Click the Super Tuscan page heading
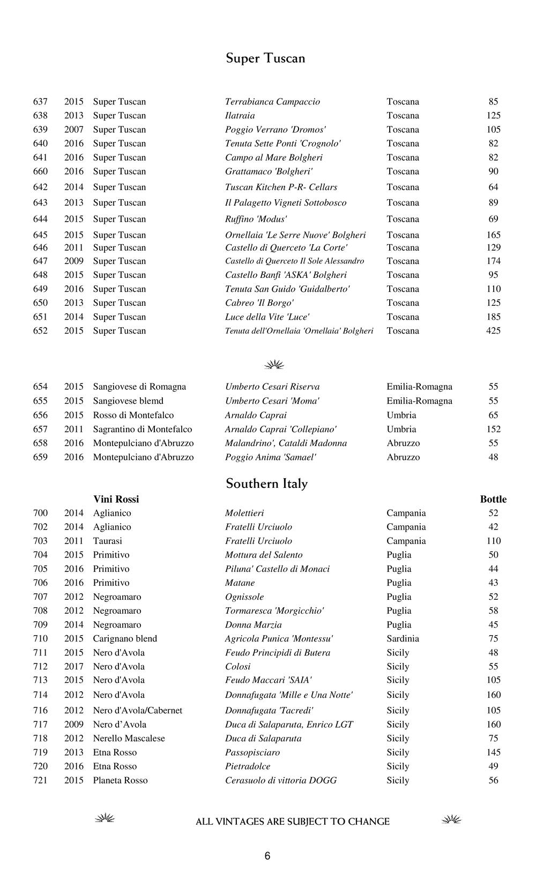tap(265, 58)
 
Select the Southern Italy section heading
tap(266, 484)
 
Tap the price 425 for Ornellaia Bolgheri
tap(493, 331)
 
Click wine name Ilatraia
tap(240, 116)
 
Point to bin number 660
tap(40, 171)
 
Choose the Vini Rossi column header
tap(116, 499)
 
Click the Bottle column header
tap(493, 499)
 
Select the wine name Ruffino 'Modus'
tap(256, 219)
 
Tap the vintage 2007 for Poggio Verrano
tap(74, 130)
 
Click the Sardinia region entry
tap(403, 638)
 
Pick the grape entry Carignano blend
tap(125, 638)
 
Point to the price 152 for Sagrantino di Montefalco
tap(493, 429)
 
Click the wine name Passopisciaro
tap(252, 752)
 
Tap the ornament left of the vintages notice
tap(105, 818)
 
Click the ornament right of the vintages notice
tap(451, 819)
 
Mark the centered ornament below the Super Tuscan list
tap(274, 365)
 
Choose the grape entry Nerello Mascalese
tap(129, 738)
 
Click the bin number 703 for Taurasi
tap(40, 541)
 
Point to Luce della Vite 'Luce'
tap(267, 317)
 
